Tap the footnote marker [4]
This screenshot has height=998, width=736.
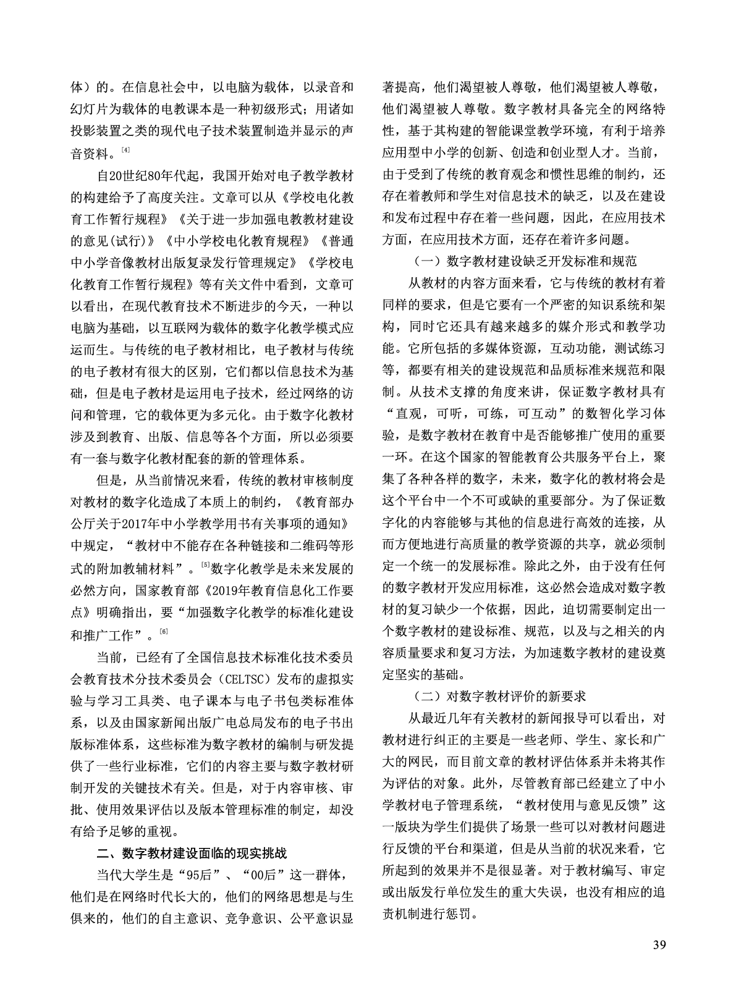(125, 150)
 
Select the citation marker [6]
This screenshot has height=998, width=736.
(163, 631)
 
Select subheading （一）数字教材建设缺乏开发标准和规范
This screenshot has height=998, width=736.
(525, 261)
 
